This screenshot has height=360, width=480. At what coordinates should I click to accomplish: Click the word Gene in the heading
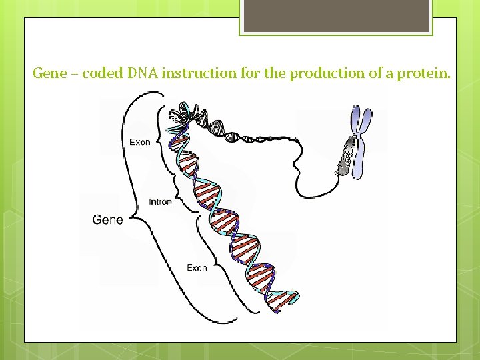tap(50, 73)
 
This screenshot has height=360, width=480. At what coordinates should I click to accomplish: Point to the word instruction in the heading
tap(199, 73)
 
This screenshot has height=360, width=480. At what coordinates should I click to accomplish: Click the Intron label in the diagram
tap(160, 202)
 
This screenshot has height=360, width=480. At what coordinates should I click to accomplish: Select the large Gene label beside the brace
tap(107, 219)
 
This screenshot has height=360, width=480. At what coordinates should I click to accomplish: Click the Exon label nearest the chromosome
tap(140, 142)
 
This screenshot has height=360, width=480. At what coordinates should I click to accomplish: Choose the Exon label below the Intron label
tap(197, 268)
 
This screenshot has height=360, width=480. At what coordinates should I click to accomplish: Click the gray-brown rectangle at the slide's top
tap(335, 15)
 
